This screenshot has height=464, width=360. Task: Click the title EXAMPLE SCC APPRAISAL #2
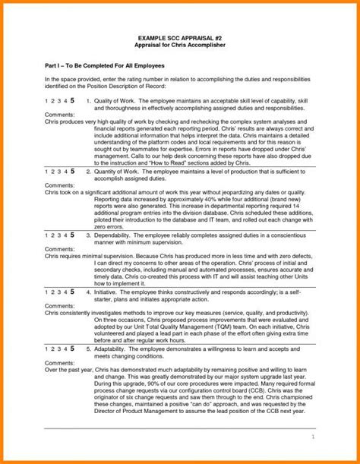coord(179,36)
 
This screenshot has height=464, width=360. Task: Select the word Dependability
coord(115,235)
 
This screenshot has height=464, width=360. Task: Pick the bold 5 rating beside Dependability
coord(72,235)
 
